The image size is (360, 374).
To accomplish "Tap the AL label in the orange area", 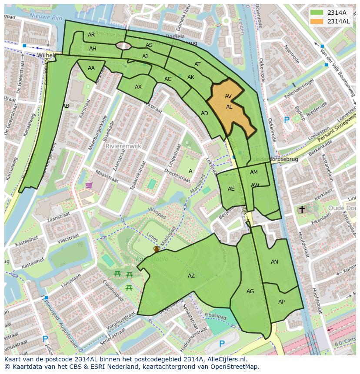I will (229, 106).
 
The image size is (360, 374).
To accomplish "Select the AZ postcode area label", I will (191, 276).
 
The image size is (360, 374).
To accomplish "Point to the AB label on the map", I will (66, 106).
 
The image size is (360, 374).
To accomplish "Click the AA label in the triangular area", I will (91, 68).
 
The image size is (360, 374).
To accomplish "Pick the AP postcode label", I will (281, 302).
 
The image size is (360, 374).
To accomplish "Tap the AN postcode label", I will (274, 262).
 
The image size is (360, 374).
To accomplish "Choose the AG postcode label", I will (250, 291).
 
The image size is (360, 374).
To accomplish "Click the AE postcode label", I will (231, 189).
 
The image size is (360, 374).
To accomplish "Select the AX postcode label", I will (138, 87).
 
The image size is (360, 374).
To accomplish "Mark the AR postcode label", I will (91, 35).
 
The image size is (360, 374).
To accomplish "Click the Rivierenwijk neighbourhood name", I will (123, 146).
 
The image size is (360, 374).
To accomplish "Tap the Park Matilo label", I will (147, 259).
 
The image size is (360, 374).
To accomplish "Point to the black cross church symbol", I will (302, 210).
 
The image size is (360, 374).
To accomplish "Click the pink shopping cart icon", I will (89, 185).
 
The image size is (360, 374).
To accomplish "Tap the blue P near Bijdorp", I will (287, 120).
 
